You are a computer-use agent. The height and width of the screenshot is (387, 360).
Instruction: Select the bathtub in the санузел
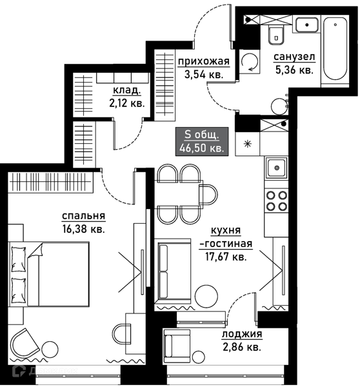click(x=335, y=48)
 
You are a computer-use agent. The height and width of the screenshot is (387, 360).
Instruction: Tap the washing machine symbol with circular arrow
click(x=250, y=62)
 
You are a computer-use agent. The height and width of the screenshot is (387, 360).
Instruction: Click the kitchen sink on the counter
click(x=277, y=168)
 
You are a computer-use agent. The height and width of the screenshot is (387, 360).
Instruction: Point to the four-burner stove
click(x=277, y=201)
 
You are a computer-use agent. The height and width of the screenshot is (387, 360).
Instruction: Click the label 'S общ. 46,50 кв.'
click(x=202, y=141)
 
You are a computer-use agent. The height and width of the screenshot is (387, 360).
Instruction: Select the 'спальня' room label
click(x=83, y=216)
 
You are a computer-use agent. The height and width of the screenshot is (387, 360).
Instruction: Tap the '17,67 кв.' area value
click(x=226, y=257)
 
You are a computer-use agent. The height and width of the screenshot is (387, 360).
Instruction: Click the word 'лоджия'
click(x=242, y=334)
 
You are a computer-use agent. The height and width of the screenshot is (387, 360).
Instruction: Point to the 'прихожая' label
click(x=204, y=61)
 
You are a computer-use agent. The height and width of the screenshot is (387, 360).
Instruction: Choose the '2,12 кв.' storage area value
click(x=126, y=103)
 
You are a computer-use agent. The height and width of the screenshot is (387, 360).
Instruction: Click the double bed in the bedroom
click(x=49, y=274)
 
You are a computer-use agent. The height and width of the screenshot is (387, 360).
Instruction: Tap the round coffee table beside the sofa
click(x=206, y=296)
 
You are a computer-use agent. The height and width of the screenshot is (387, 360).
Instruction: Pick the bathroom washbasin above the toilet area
click(x=306, y=25)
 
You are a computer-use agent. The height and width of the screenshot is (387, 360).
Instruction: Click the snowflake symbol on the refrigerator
click(x=247, y=144)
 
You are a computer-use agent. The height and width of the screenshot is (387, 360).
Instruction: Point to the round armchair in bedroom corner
click(x=25, y=342)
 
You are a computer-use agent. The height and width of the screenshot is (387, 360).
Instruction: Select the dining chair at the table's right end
click(x=208, y=195)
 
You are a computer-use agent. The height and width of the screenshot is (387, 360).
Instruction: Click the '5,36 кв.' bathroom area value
click(x=294, y=70)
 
